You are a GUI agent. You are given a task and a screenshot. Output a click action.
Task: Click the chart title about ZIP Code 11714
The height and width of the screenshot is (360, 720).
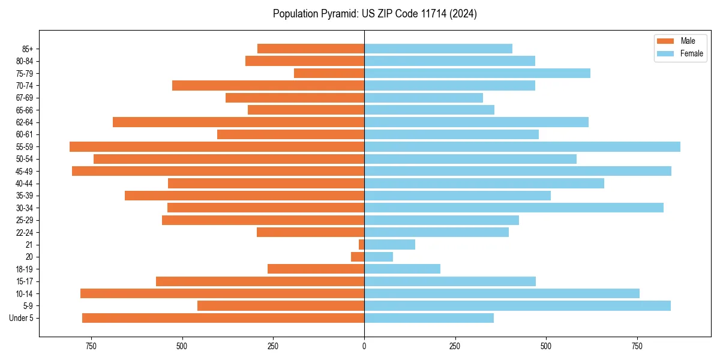[x=374, y=14]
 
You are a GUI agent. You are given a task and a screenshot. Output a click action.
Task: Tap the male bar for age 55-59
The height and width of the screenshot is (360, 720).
[x=217, y=146]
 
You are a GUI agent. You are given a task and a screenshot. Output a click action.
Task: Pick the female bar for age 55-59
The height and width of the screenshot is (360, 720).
[x=522, y=146]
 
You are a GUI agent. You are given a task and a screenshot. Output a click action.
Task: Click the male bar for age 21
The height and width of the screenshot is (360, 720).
[x=361, y=244]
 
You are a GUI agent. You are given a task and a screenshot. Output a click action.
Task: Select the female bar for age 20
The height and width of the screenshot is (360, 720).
[x=379, y=257]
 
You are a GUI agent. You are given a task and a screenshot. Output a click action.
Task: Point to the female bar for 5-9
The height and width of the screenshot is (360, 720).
[x=517, y=305]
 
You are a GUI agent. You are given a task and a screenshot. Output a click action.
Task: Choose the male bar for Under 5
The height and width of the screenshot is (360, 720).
[x=223, y=318]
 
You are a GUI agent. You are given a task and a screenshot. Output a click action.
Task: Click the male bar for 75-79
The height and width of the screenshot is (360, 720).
[x=329, y=73]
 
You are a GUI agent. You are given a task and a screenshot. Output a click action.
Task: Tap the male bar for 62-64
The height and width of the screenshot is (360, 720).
[x=238, y=122]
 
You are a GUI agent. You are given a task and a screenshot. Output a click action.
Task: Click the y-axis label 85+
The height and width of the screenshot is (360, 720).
[x=26, y=49]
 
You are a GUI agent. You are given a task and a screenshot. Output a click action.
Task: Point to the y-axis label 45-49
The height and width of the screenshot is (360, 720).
[x=25, y=171]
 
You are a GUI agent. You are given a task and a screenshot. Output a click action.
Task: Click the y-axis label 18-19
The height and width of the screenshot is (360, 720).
[x=25, y=269]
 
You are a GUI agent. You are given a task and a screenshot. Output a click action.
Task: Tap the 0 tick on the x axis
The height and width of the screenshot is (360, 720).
[x=364, y=346]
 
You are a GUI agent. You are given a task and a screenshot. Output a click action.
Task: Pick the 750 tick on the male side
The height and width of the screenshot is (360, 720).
[x=91, y=346]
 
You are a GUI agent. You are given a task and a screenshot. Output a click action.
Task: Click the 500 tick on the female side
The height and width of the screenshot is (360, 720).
[x=546, y=346]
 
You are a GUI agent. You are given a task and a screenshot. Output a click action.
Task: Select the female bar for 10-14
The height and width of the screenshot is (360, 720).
[x=502, y=293]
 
